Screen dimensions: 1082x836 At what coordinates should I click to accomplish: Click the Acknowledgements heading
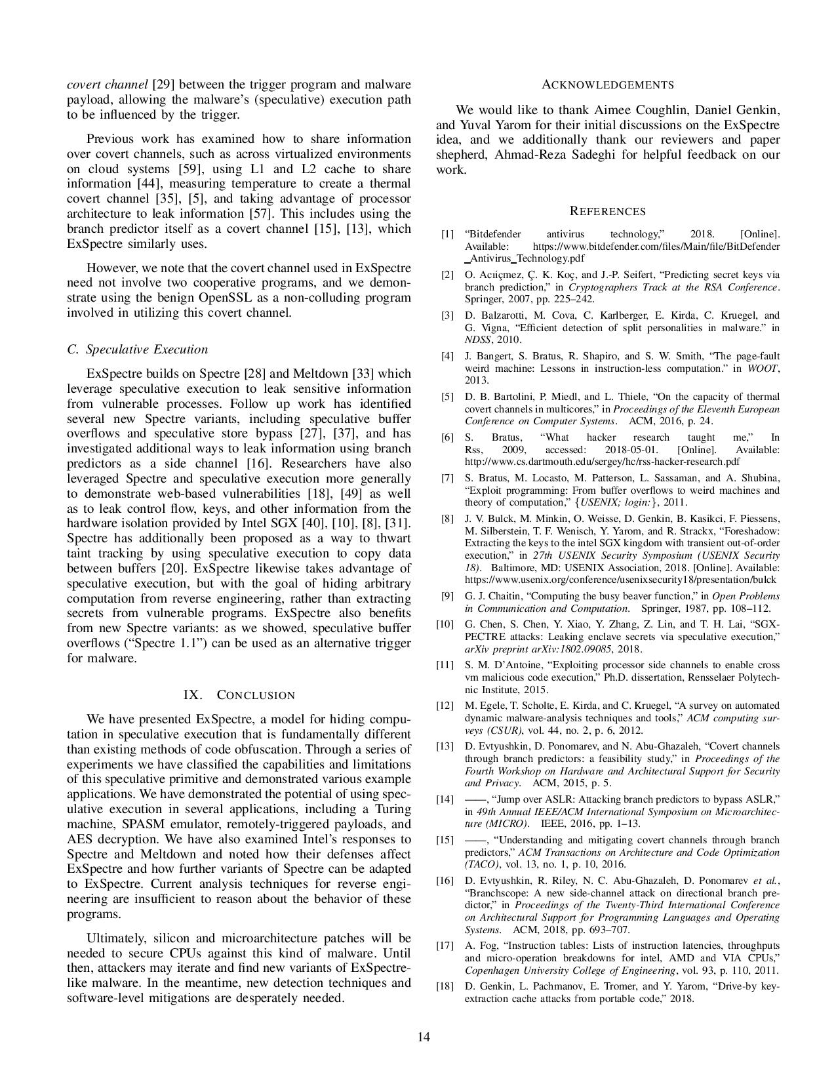tap(608, 85)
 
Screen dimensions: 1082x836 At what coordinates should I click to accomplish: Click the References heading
tap(608, 211)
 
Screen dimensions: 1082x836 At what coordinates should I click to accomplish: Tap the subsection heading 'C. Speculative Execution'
tap(138, 350)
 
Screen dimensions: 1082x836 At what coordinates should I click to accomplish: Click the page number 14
tap(424, 1037)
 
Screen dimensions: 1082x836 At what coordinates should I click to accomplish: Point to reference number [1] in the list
tap(447, 234)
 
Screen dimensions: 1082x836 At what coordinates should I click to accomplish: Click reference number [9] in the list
tap(448, 596)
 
